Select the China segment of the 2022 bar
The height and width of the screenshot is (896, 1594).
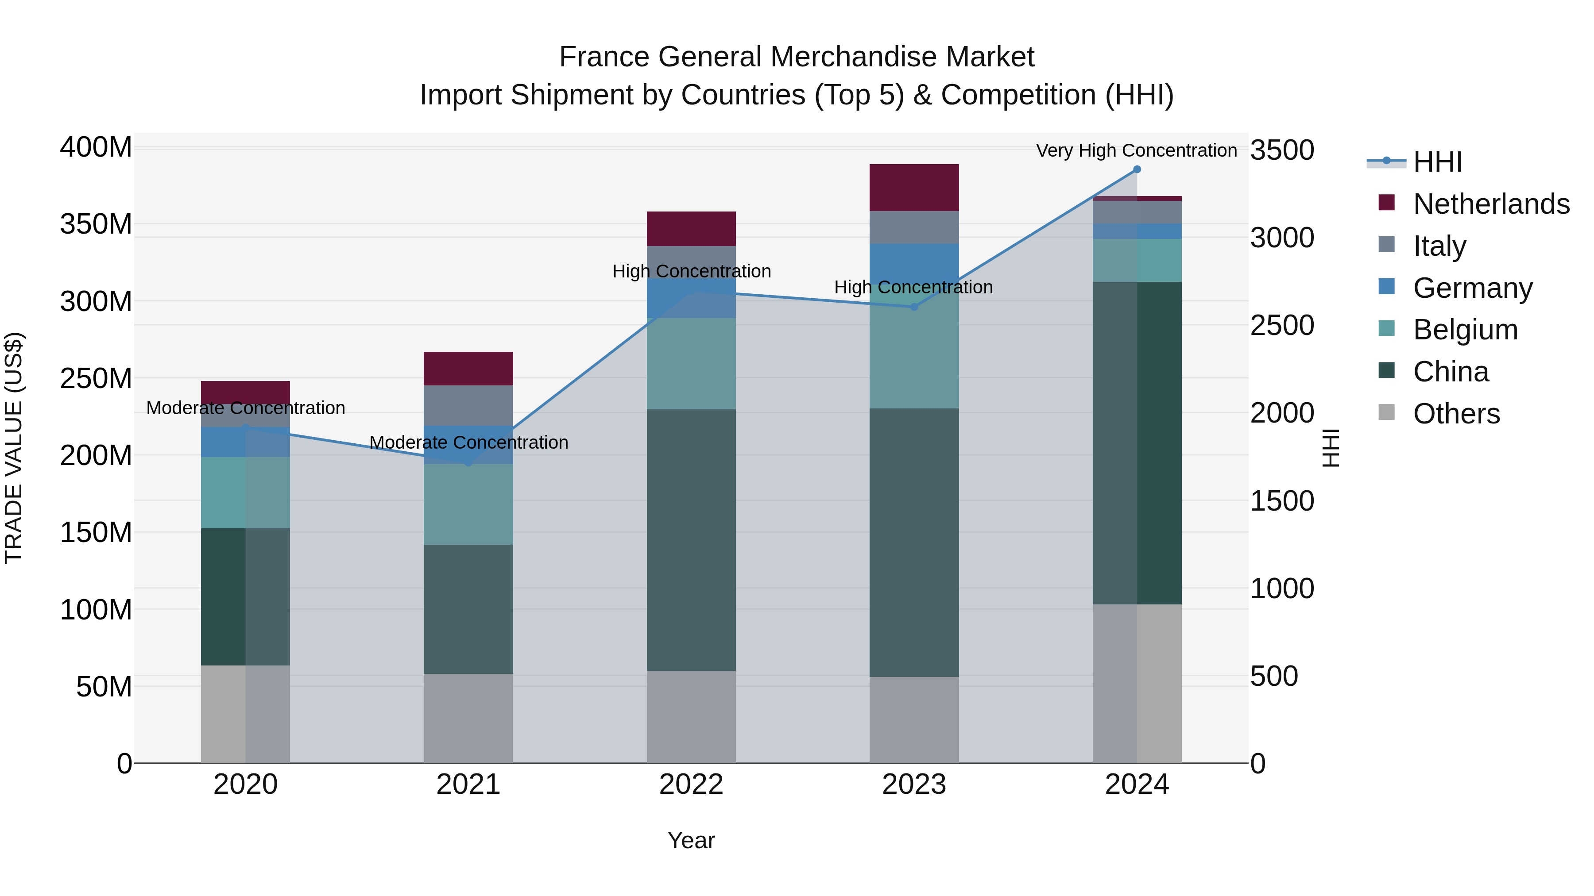coord(691,539)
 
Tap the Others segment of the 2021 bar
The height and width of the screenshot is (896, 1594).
coord(468,718)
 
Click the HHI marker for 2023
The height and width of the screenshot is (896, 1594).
coord(914,307)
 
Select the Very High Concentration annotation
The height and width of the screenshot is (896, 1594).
coord(1136,150)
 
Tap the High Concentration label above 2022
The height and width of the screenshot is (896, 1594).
coord(691,272)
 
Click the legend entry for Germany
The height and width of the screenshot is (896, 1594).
coord(1472,288)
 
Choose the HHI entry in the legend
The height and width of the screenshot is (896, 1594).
coord(1437,162)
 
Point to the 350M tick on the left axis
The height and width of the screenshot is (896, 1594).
coord(96,224)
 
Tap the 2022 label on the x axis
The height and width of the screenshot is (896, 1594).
coord(691,784)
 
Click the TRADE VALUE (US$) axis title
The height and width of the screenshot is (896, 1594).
coord(14,448)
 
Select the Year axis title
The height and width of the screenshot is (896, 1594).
coord(691,840)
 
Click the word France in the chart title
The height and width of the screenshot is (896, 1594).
coord(604,57)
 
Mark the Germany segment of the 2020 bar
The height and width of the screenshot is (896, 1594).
coord(246,442)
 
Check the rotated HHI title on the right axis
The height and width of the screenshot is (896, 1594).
coord(1331,448)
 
